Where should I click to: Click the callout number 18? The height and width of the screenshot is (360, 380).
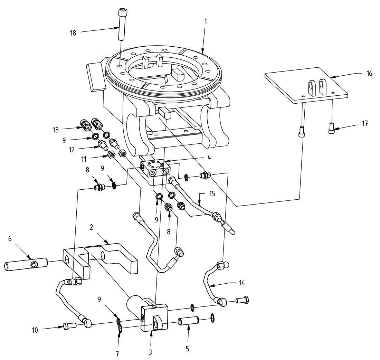[73, 33]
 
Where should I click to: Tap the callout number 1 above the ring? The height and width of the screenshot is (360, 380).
[206, 21]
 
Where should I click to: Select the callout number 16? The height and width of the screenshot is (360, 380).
[369, 74]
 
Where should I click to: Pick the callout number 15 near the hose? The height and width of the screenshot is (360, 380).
[212, 193]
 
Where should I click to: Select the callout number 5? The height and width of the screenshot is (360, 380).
[188, 349]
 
